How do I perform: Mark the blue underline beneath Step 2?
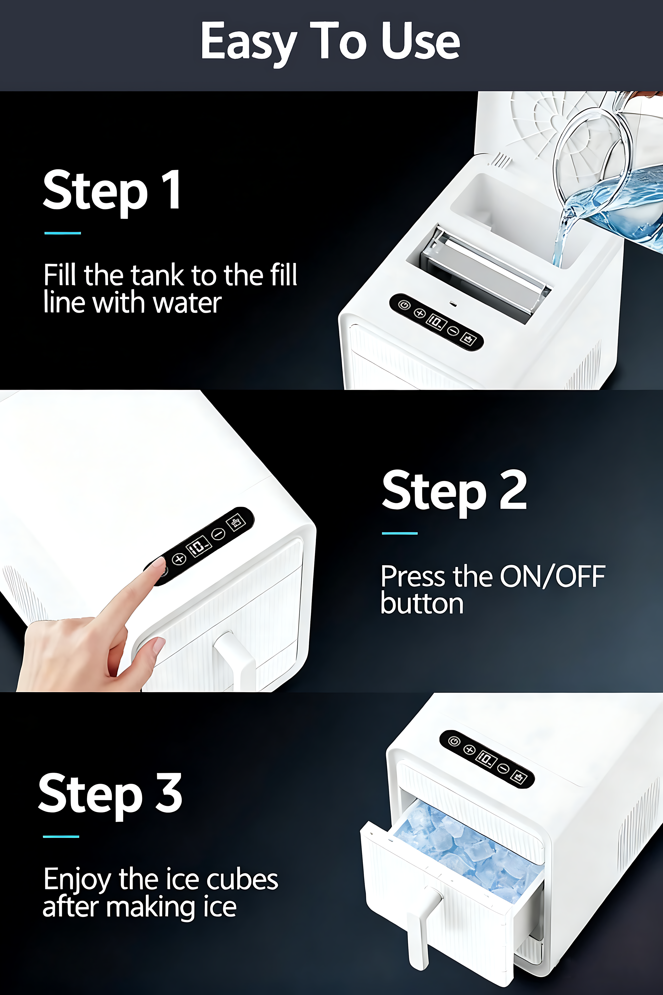[x=400, y=533]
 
